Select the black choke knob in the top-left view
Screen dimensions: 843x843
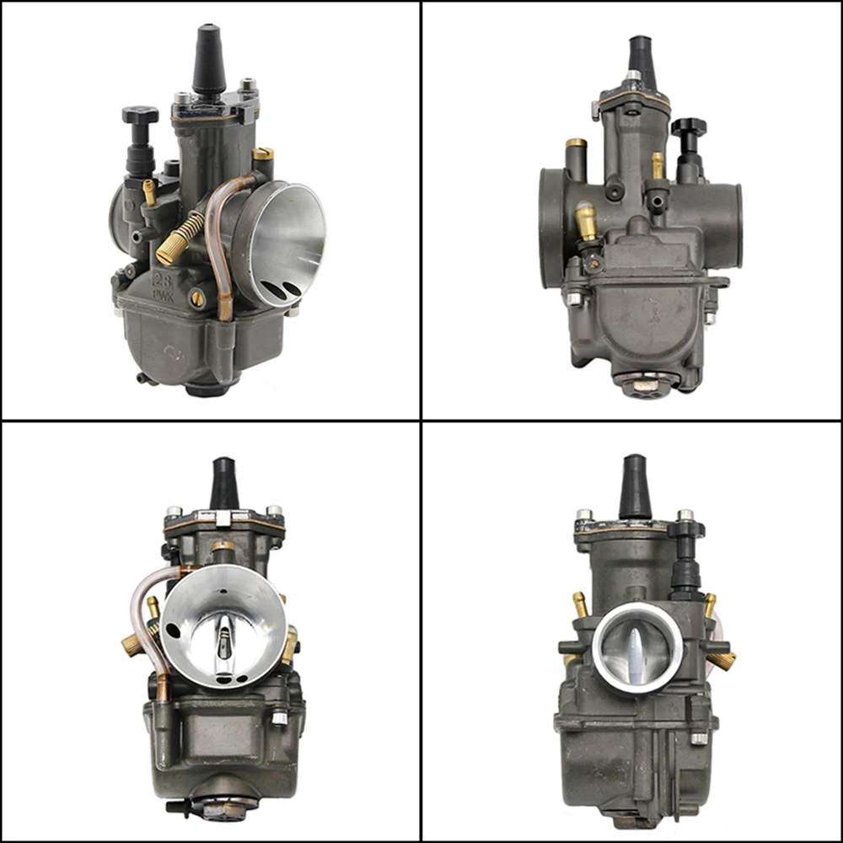click(139, 115)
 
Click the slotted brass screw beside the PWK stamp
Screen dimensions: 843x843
click(197, 297)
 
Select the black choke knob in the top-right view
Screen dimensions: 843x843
click(688, 128)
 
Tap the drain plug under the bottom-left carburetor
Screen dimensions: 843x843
click(222, 807)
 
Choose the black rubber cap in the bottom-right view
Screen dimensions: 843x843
click(635, 487)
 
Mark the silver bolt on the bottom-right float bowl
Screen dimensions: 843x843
click(698, 738)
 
